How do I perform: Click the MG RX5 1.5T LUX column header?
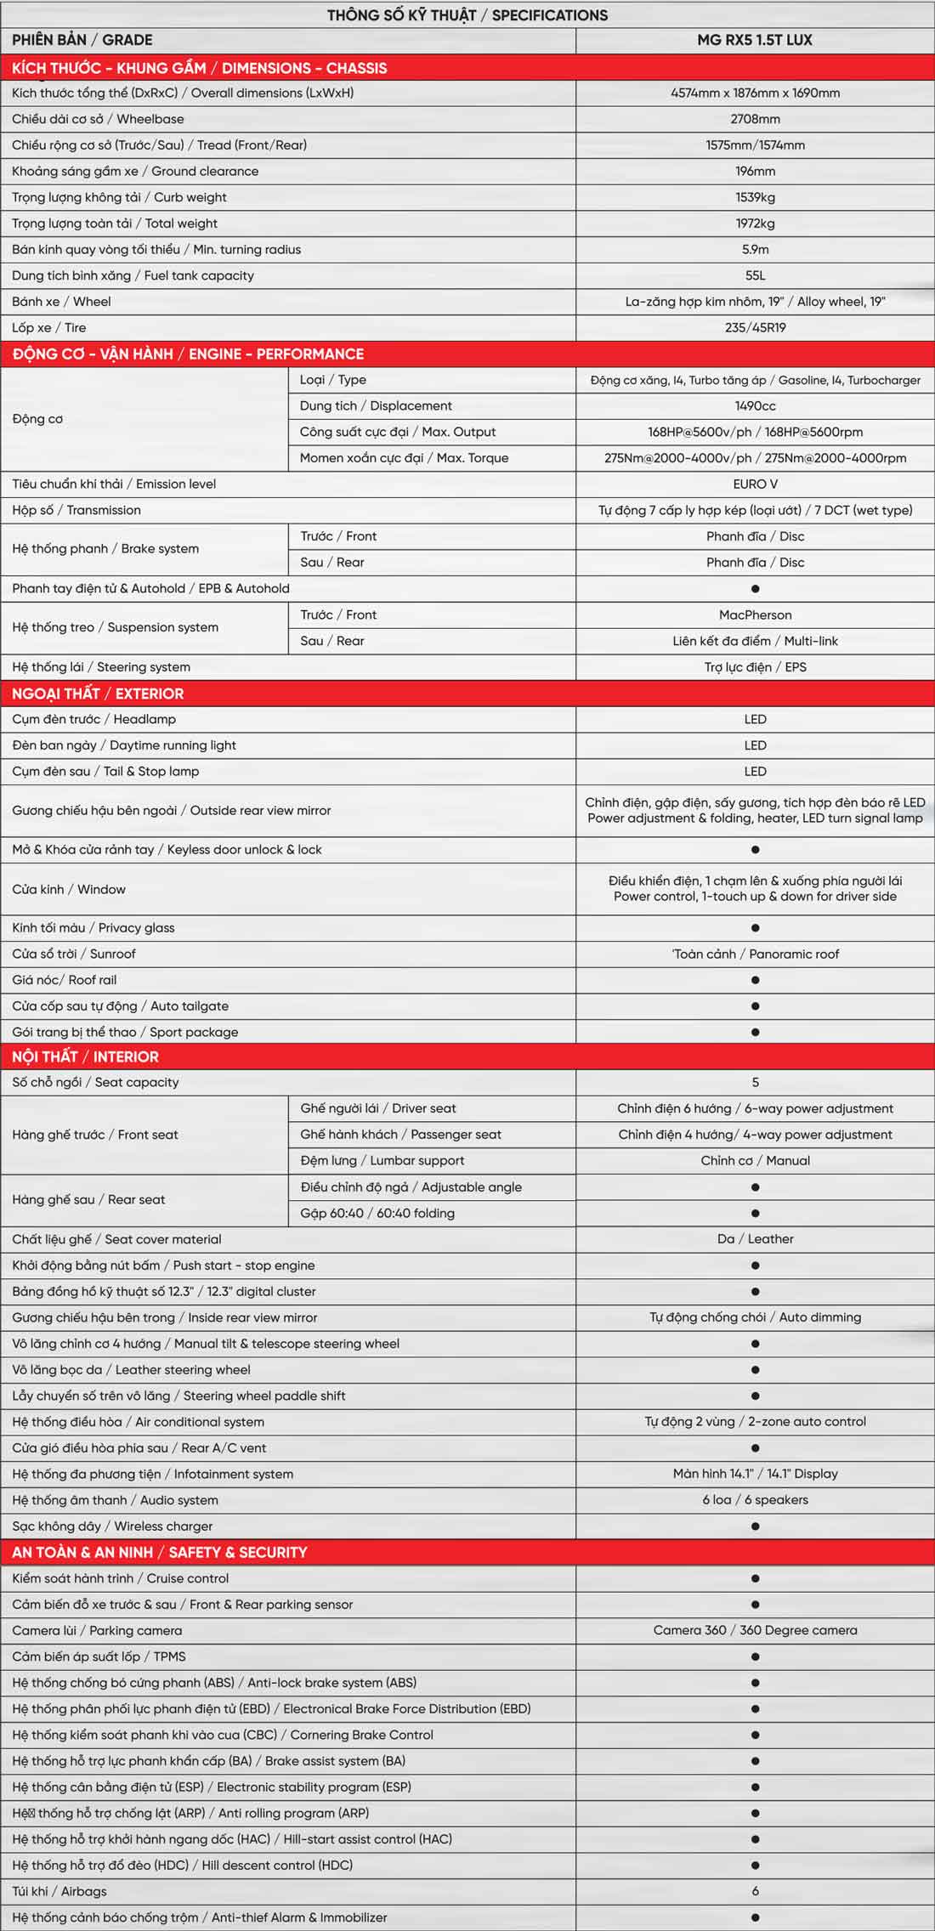point(755,40)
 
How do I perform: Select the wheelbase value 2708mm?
point(755,119)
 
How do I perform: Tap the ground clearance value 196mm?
point(755,171)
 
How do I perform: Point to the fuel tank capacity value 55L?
point(755,275)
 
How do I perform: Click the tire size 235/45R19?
point(755,327)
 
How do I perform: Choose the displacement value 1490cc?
point(755,406)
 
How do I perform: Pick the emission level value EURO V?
point(755,484)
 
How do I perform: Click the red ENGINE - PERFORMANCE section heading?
point(188,354)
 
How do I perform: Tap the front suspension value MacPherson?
point(755,614)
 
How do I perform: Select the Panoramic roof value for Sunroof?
point(755,954)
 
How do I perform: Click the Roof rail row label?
point(65,980)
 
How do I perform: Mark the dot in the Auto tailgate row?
point(755,1006)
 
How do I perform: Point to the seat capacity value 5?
point(755,1082)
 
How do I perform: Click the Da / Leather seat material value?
point(755,1239)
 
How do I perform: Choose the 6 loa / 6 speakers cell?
point(755,1500)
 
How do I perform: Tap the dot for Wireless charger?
point(755,1526)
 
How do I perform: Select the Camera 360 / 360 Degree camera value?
point(755,1630)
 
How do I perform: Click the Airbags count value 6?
point(755,1891)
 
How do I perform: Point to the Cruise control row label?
point(121,1578)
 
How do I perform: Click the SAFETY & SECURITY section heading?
point(160,1552)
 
